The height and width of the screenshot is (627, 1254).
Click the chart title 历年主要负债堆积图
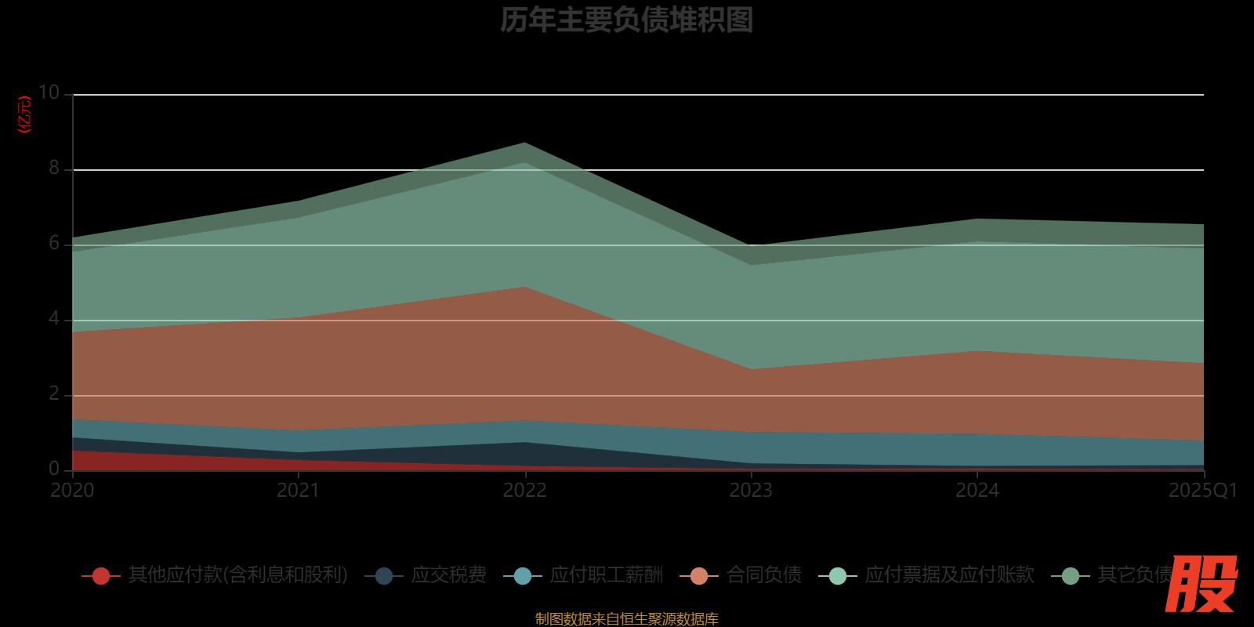[x=626, y=20]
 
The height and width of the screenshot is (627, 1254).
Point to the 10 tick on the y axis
[x=49, y=93]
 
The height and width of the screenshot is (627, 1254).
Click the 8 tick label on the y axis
[x=54, y=168]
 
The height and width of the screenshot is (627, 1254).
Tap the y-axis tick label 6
[x=54, y=243]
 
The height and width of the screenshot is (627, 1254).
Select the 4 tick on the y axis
[x=54, y=318]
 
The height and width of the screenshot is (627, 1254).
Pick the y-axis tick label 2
[x=54, y=393]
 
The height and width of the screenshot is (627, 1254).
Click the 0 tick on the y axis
[x=54, y=469]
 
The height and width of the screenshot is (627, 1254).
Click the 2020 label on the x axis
[x=72, y=491]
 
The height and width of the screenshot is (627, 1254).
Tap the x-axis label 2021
[x=299, y=491]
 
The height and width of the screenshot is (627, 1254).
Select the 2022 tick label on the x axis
[x=524, y=491]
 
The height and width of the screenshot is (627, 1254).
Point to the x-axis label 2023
[x=751, y=491]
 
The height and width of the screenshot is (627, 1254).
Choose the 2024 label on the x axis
[x=977, y=491]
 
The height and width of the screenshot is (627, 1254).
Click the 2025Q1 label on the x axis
[x=1202, y=491]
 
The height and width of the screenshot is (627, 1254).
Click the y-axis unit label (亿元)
[x=25, y=114]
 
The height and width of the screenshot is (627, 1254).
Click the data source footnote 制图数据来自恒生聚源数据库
[x=626, y=619]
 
